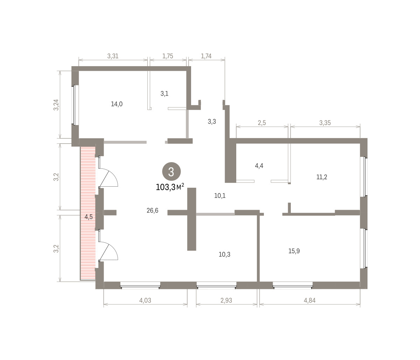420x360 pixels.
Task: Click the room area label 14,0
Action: click(117, 104)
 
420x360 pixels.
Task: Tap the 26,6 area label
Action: click(152, 210)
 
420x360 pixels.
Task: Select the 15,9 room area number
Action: click(294, 251)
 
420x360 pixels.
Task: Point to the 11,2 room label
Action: click(322, 177)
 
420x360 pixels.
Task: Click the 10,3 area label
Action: click(224, 255)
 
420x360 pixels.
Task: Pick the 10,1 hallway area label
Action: click(220, 196)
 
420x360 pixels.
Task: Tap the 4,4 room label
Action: click(259, 166)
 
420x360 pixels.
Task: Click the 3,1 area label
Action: click(164, 94)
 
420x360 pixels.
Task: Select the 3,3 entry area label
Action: click(212, 122)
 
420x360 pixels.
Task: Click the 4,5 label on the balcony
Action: click(89, 217)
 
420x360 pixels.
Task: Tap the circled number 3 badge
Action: click(171, 172)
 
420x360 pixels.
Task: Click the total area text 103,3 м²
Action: click(170, 187)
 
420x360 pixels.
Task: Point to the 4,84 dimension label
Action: click(310, 300)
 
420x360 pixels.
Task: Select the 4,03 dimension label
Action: click(145, 300)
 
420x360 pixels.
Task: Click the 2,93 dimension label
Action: click(226, 300)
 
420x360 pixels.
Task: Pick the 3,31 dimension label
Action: click(113, 56)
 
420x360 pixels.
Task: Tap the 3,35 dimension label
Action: click(325, 123)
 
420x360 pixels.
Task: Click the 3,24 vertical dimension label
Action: click(56, 105)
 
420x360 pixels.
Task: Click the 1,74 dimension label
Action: click(206, 56)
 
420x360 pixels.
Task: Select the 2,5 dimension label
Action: click(262, 123)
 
